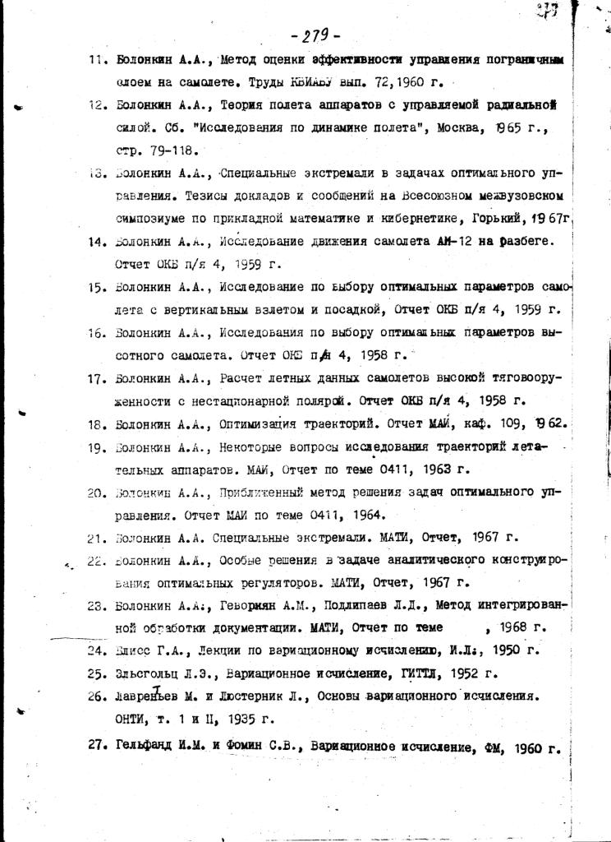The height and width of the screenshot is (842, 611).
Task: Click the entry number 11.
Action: coord(98,60)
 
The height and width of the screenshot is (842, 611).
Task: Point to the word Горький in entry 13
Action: coord(498,220)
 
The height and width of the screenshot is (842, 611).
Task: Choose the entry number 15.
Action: coord(98,286)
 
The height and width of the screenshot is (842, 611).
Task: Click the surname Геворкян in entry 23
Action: coord(251,606)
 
